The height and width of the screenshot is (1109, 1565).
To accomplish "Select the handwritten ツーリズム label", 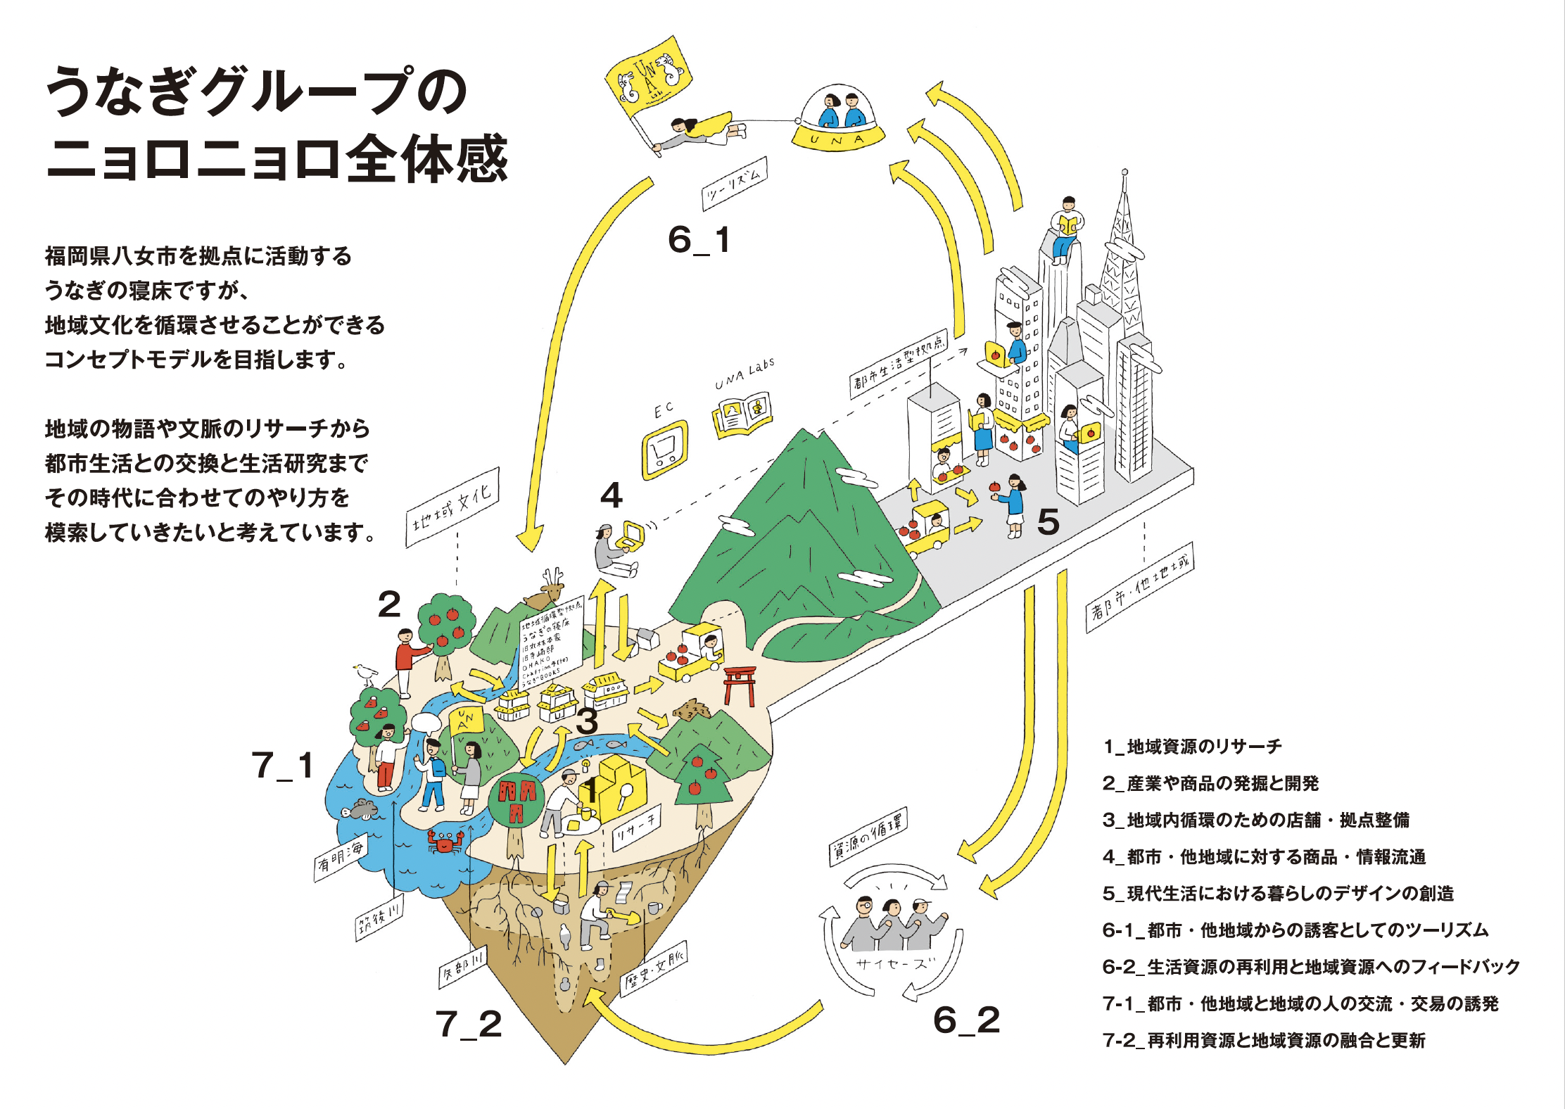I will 734,183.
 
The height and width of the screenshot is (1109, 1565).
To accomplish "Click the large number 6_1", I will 699,240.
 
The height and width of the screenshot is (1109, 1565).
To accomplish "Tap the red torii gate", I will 739,683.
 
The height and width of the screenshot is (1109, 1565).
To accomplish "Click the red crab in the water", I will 445,841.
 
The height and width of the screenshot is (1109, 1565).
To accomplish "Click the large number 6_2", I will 966,1020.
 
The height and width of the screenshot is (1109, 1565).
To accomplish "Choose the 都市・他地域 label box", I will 1139,587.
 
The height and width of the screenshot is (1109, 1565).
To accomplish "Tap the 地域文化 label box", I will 452,507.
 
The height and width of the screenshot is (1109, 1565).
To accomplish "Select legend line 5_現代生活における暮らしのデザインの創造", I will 1278,894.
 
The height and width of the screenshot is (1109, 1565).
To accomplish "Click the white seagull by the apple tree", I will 365,673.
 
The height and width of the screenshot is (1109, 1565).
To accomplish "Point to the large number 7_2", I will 469,1024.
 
